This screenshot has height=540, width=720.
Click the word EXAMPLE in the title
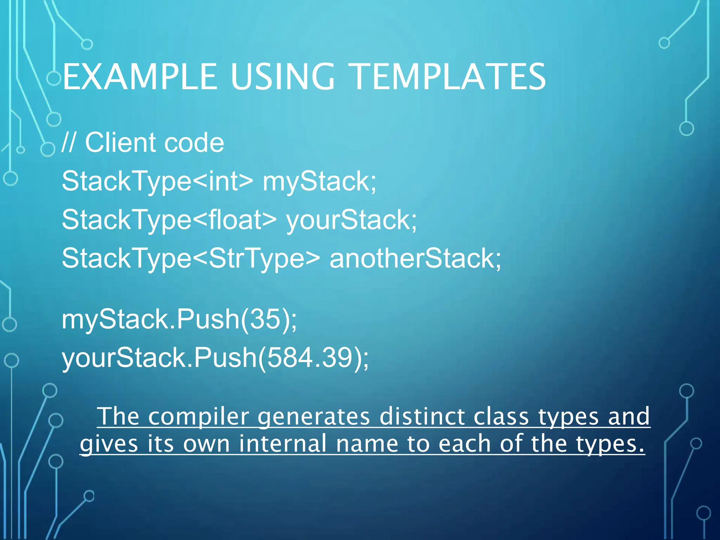click(x=140, y=77)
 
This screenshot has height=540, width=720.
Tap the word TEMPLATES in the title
click(x=449, y=77)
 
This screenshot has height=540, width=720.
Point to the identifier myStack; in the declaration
click(x=319, y=181)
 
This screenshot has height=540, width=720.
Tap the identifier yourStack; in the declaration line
click(x=352, y=220)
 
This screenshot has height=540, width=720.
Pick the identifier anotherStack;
click(x=415, y=258)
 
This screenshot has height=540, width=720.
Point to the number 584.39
click(x=309, y=358)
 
